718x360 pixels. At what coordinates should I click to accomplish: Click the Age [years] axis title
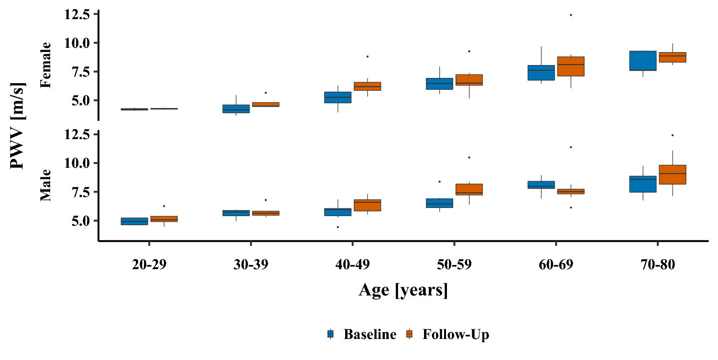click(x=403, y=290)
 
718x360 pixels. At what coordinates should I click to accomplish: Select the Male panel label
click(x=45, y=185)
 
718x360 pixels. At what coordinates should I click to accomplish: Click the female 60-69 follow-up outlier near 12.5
click(x=571, y=15)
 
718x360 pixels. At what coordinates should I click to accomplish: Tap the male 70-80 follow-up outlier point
click(x=672, y=135)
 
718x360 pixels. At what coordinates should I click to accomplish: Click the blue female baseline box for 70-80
click(x=642, y=61)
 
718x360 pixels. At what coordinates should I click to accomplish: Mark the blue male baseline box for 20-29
click(x=134, y=221)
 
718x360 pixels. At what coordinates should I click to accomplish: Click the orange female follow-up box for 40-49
click(x=367, y=86)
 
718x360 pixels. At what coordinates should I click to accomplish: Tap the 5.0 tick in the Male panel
click(x=79, y=221)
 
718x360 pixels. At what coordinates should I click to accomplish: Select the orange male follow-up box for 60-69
click(x=571, y=191)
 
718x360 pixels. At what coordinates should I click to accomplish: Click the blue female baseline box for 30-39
click(x=236, y=109)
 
